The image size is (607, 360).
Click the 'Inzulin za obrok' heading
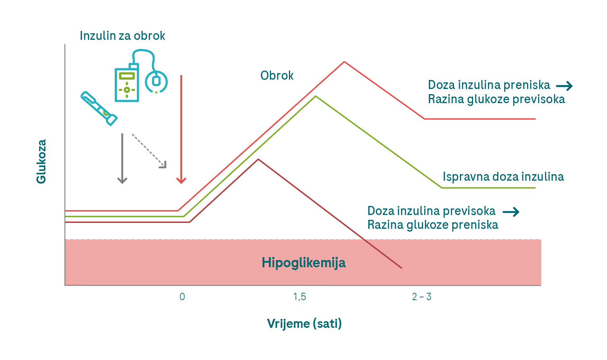(x=123, y=36)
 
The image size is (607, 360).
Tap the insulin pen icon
(x=99, y=108)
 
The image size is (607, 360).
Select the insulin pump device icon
(x=127, y=83)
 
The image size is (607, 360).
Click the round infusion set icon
(x=156, y=82)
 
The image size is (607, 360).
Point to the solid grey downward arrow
(x=122, y=158)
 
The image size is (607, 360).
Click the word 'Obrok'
(x=277, y=75)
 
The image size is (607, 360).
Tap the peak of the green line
(x=316, y=96)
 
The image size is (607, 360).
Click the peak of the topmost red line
(x=344, y=62)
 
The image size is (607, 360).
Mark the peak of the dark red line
(x=258, y=159)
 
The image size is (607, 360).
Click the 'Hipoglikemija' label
(x=303, y=263)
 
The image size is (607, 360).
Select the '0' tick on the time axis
(x=182, y=297)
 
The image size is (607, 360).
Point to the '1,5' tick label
(x=299, y=297)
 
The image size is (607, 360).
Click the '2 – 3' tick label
(x=422, y=297)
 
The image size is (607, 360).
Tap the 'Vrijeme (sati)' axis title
(x=304, y=324)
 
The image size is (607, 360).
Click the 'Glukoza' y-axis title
(x=41, y=161)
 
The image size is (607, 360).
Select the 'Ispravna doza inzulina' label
(x=503, y=177)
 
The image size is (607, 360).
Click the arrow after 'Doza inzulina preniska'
(x=564, y=85)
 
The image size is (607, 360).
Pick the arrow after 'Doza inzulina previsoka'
(x=511, y=211)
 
